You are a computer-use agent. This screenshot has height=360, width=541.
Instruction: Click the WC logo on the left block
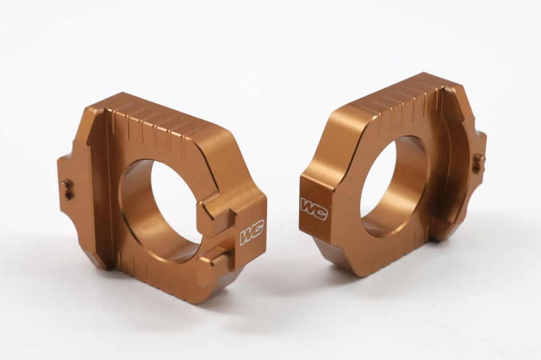[252, 234]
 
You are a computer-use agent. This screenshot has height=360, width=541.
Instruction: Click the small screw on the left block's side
[67, 189]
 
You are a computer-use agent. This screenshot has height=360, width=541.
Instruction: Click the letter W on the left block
[247, 236]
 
